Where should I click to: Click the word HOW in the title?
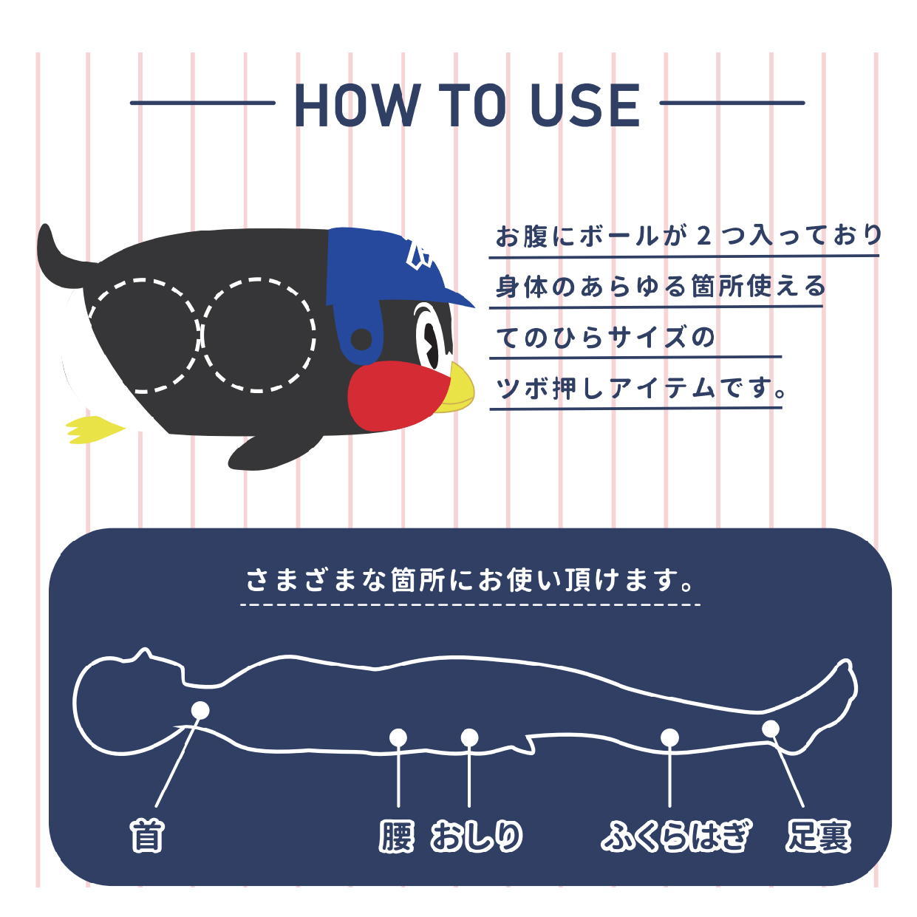coord(355,106)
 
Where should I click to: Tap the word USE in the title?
coord(585,106)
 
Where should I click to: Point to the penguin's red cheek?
coord(395,395)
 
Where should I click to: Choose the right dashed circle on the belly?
coord(259,335)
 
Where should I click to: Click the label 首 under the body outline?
coord(146,836)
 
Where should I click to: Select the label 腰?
coord(397,836)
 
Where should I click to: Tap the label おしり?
coord(477,836)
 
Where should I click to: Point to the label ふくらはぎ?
coord(676,836)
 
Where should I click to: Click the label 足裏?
coord(817,836)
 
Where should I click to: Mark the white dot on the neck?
coord(200,710)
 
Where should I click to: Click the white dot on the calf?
coord(669,737)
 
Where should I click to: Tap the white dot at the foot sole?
coord(771,729)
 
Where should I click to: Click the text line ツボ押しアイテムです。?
coord(640,388)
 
